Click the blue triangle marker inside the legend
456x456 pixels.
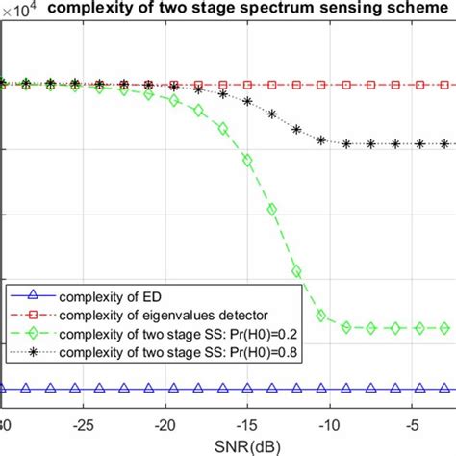[32, 296]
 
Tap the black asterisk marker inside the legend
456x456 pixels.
[32, 354]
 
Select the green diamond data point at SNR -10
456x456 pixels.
[321, 316]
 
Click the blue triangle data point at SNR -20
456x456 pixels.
[172, 390]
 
